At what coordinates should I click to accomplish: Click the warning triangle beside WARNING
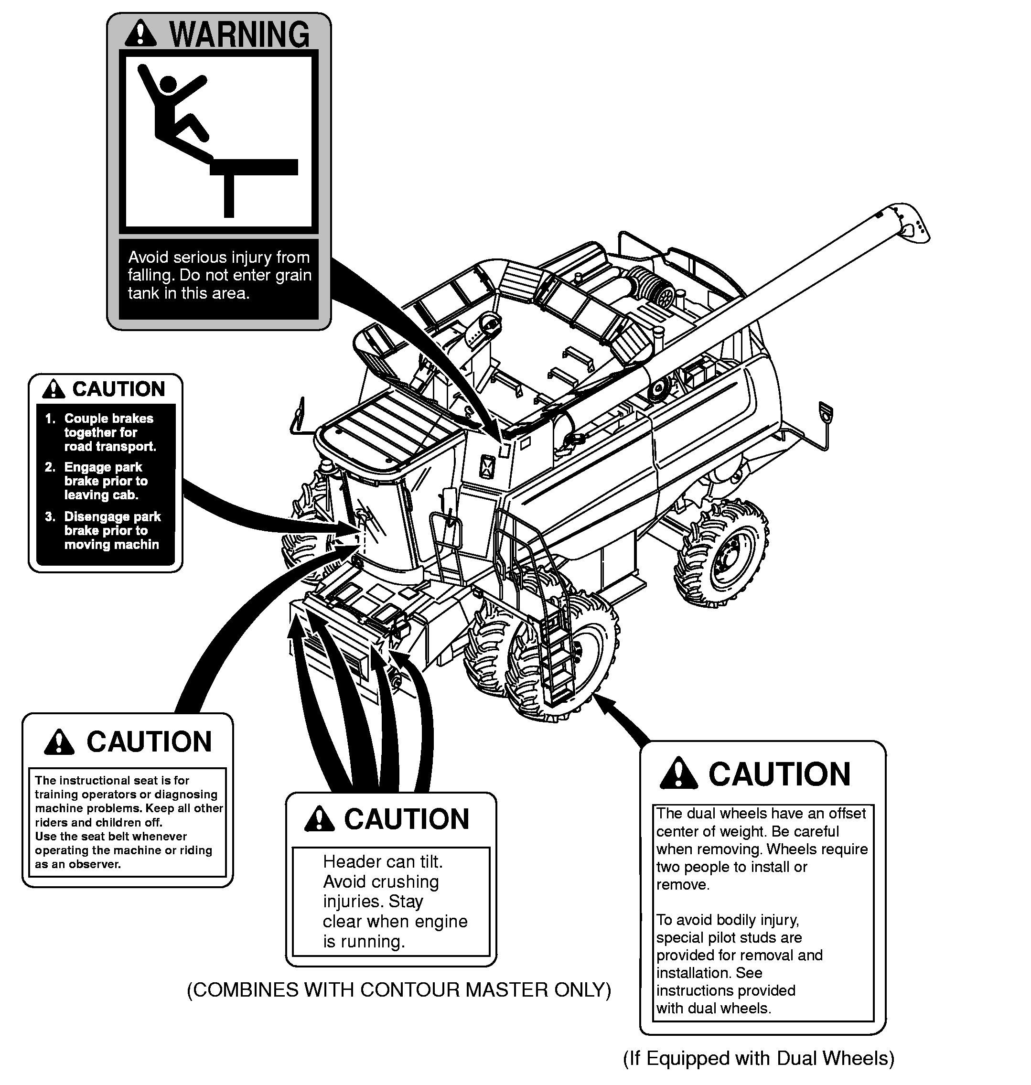coord(140,33)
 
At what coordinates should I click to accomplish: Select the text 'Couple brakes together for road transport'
coord(109,432)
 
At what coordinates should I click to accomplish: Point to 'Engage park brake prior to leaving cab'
coord(106,481)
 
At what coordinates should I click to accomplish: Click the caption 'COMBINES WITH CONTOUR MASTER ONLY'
coord(399,989)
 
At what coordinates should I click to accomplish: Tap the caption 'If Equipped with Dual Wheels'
coord(758,1058)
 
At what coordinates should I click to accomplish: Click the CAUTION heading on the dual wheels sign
coord(779,774)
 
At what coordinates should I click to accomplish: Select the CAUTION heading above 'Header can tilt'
coord(407,819)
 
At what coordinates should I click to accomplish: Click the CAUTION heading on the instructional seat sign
coord(149,741)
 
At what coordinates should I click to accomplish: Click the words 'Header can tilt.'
coord(383,861)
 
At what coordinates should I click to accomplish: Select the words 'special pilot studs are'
coord(729,937)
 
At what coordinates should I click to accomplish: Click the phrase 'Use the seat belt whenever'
coord(110,836)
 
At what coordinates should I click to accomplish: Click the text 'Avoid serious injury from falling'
coord(219,266)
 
